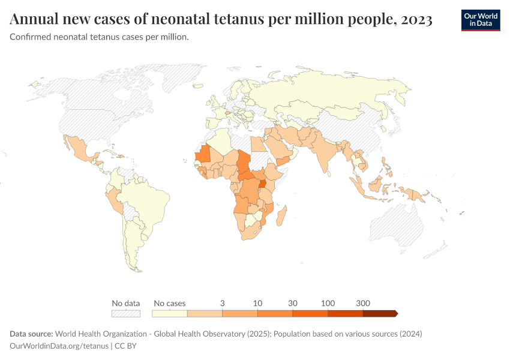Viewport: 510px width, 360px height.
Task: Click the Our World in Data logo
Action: pyautogui.click(x=481, y=20)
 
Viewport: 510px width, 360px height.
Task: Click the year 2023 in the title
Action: pyautogui.click(x=414, y=20)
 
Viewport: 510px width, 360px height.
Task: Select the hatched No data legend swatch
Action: pyautogui.click(x=125, y=313)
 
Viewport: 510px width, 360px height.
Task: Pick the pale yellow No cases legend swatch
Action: pyautogui.click(x=170, y=313)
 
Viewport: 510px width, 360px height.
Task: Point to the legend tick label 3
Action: pyautogui.click(x=223, y=303)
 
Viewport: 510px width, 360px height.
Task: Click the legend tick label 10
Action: pyautogui.click(x=257, y=303)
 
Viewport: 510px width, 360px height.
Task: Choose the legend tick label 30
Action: pyautogui.click(x=293, y=303)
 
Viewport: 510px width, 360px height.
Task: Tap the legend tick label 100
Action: pyautogui.click(x=328, y=303)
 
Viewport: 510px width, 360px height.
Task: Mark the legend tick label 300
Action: pyautogui.click(x=363, y=303)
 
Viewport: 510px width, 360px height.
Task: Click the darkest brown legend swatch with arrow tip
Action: pyautogui.click(x=379, y=313)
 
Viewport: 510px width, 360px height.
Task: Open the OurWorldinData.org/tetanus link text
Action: pyautogui.click(x=59, y=346)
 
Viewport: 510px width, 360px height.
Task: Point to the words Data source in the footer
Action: pyautogui.click(x=31, y=334)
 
